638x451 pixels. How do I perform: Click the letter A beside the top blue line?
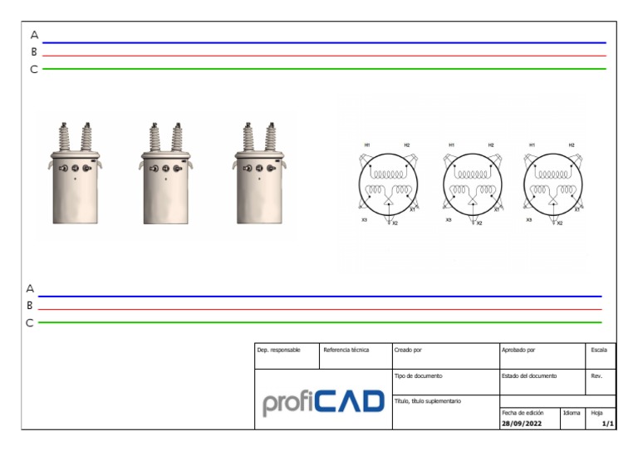pyautogui.click(x=35, y=35)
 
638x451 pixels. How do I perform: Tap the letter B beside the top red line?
pyautogui.click(x=34, y=52)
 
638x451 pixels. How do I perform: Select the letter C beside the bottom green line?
pyautogui.click(x=30, y=323)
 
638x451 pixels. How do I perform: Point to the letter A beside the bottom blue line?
pyautogui.click(x=30, y=288)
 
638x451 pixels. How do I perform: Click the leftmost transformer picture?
pyautogui.click(x=76, y=174)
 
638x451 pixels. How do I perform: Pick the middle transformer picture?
pyautogui.click(x=165, y=174)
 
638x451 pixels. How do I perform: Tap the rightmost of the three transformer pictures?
pyautogui.click(x=259, y=174)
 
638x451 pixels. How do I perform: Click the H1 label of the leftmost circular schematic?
pyautogui.click(x=367, y=145)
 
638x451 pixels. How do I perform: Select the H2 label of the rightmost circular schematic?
pyautogui.click(x=572, y=145)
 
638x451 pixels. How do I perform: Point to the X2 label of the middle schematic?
pyautogui.click(x=479, y=223)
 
